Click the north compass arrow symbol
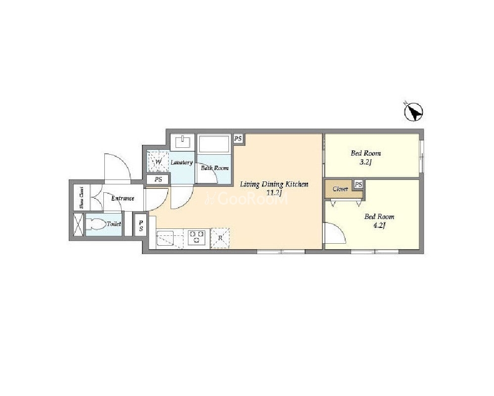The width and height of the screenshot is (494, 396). coord(413,112)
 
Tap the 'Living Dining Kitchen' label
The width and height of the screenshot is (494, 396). coord(274,184)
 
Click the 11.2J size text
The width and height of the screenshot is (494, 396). coord(273,193)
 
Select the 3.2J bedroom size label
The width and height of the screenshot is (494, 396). coord(366,163)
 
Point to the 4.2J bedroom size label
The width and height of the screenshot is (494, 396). coord(379,225)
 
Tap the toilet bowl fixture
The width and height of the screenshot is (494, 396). coord(95,224)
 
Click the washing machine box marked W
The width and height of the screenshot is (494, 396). coord(158,162)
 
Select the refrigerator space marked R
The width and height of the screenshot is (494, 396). coord(220,238)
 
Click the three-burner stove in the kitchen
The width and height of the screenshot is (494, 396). coord(197,237)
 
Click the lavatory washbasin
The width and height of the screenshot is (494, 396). coord(183,142)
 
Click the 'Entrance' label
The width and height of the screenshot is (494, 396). coord(123,198)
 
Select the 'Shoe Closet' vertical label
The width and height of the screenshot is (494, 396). coord(81,198)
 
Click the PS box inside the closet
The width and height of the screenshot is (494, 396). coord(358,184)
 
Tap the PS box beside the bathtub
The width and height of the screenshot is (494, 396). coord(238,138)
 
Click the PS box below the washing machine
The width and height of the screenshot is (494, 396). coord(158,179)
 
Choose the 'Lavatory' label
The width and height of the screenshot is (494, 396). coord(182,163)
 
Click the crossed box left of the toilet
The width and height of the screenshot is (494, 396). coord(78,224)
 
